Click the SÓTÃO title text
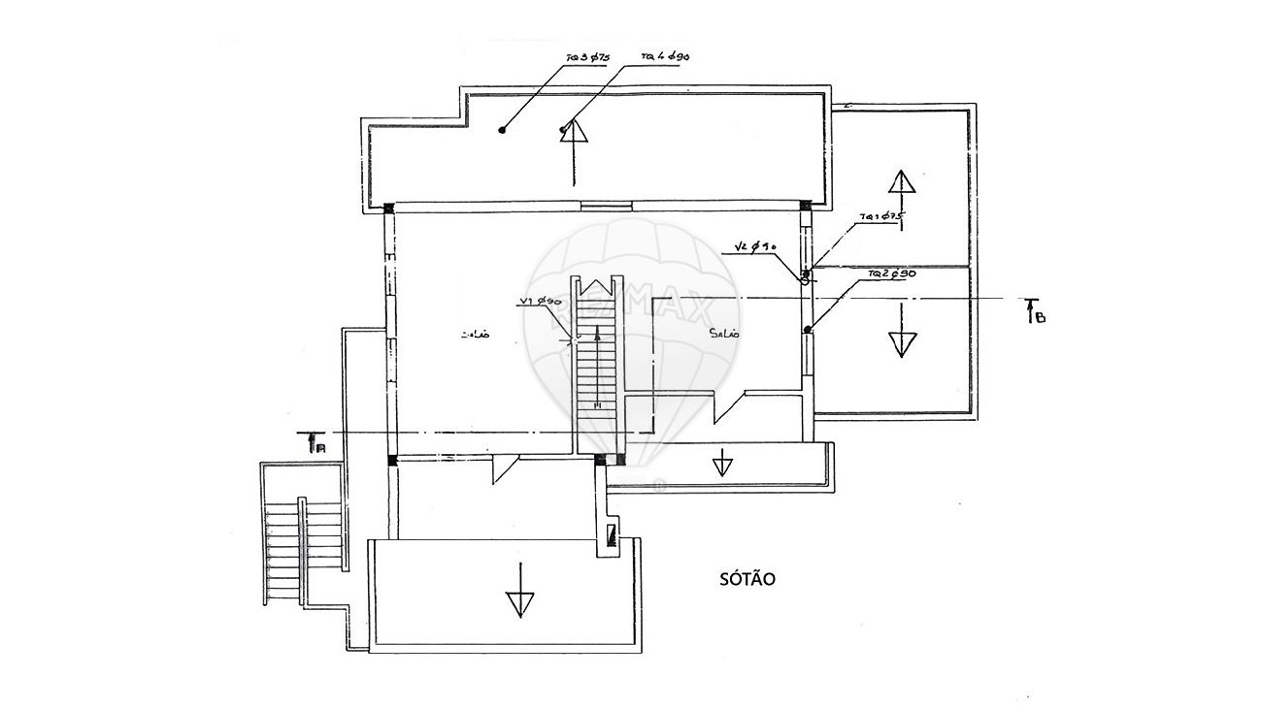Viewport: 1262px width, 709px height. (x=747, y=578)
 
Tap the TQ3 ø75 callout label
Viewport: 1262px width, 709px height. (x=586, y=58)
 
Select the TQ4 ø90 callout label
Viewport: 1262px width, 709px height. (x=665, y=57)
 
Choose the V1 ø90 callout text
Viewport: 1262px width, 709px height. (x=542, y=302)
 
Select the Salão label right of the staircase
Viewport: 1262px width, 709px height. (x=724, y=334)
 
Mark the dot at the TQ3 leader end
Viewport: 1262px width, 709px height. (x=503, y=129)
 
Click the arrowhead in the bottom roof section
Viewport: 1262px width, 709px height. (x=520, y=604)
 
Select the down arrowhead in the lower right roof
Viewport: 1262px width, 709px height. (x=902, y=343)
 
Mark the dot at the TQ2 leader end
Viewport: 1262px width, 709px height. (x=808, y=330)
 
